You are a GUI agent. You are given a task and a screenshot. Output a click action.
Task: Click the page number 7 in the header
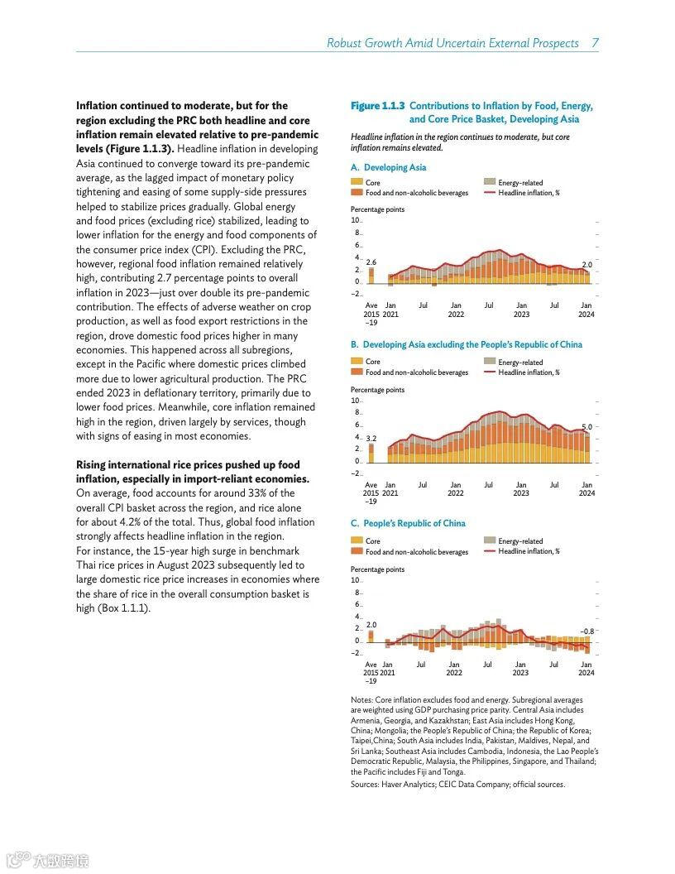tap(595, 43)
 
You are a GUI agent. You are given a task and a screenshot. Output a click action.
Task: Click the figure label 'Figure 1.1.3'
tap(377, 106)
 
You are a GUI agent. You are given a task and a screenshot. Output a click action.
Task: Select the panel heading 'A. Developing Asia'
tap(388, 167)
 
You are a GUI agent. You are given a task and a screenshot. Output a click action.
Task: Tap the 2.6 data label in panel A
tap(371, 262)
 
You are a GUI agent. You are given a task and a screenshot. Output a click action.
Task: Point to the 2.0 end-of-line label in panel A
tap(586, 264)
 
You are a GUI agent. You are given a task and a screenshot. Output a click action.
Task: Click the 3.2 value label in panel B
tap(371, 438)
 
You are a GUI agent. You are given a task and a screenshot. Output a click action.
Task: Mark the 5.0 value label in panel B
tap(586, 426)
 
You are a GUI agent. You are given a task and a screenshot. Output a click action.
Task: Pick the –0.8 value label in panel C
tap(586, 631)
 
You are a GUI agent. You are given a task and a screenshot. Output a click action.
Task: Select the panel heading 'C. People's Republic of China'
tap(408, 523)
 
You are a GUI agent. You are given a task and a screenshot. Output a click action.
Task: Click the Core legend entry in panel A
tap(372, 182)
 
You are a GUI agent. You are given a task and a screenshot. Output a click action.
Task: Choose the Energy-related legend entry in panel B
tap(520, 362)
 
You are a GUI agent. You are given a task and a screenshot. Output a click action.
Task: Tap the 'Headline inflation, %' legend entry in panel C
tap(529, 551)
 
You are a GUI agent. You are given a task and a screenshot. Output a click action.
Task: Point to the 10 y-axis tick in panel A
tap(355, 220)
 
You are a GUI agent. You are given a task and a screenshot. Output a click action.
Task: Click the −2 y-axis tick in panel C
tap(356, 653)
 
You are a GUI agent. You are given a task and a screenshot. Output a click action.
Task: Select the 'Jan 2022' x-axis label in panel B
tap(456, 489)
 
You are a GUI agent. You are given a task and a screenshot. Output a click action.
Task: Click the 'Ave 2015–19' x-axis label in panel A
tap(371, 314)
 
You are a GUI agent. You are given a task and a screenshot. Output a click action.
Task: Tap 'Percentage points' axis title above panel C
tap(377, 569)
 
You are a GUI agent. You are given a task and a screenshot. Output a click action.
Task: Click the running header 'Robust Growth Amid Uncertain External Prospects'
tap(452, 43)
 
